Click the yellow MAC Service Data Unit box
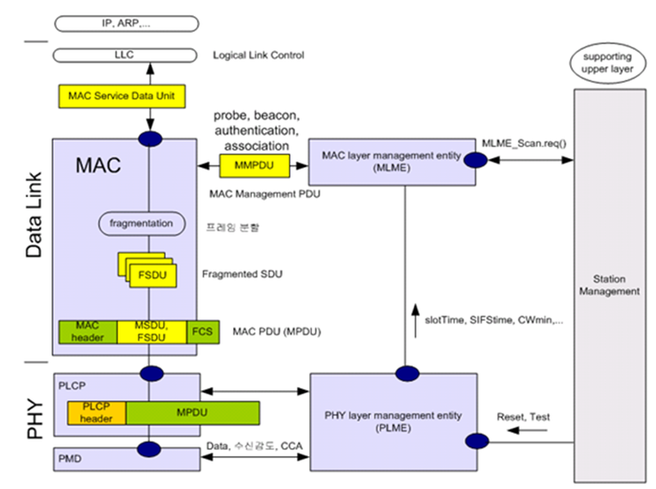[122, 96]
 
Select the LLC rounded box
[122, 55]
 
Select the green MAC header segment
[88, 332]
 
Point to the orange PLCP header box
[97, 413]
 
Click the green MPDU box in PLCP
[191, 413]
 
